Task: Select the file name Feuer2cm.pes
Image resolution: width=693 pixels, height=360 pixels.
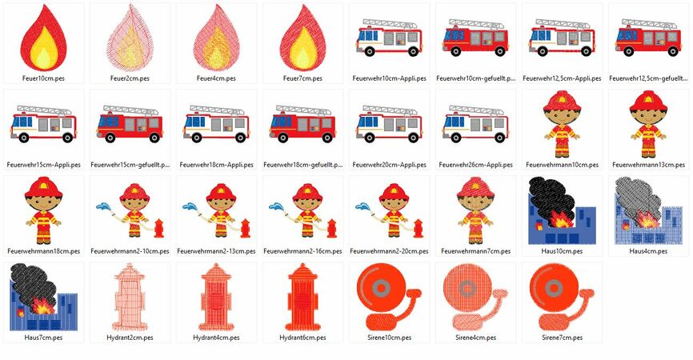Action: click(x=130, y=78)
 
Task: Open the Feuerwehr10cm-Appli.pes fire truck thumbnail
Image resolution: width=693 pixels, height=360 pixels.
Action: click(x=389, y=38)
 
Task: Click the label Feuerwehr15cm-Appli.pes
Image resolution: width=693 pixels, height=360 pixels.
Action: click(x=44, y=165)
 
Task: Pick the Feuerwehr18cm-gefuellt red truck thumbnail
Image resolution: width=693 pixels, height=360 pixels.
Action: click(x=302, y=124)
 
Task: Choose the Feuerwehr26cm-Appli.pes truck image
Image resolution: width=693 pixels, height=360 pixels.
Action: click(x=475, y=124)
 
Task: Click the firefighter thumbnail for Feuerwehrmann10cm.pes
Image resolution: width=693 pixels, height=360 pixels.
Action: click(x=562, y=124)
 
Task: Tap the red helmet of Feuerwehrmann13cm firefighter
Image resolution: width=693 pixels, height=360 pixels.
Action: click(x=648, y=101)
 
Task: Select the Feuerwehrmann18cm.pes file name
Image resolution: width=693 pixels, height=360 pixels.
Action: click(x=44, y=251)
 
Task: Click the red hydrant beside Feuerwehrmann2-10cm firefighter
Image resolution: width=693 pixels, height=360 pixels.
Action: click(x=158, y=228)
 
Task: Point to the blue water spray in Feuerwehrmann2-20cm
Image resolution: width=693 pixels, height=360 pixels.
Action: click(x=363, y=206)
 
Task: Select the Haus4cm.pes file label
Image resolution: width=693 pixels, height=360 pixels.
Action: click(x=648, y=251)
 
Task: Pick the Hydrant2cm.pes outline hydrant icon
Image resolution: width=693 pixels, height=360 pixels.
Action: click(x=130, y=297)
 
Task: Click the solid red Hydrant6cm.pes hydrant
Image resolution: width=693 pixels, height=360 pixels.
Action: click(x=302, y=297)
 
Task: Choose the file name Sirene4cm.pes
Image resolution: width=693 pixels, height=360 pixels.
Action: click(x=475, y=338)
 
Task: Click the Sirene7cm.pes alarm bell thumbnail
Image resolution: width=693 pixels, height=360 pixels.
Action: click(x=562, y=297)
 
